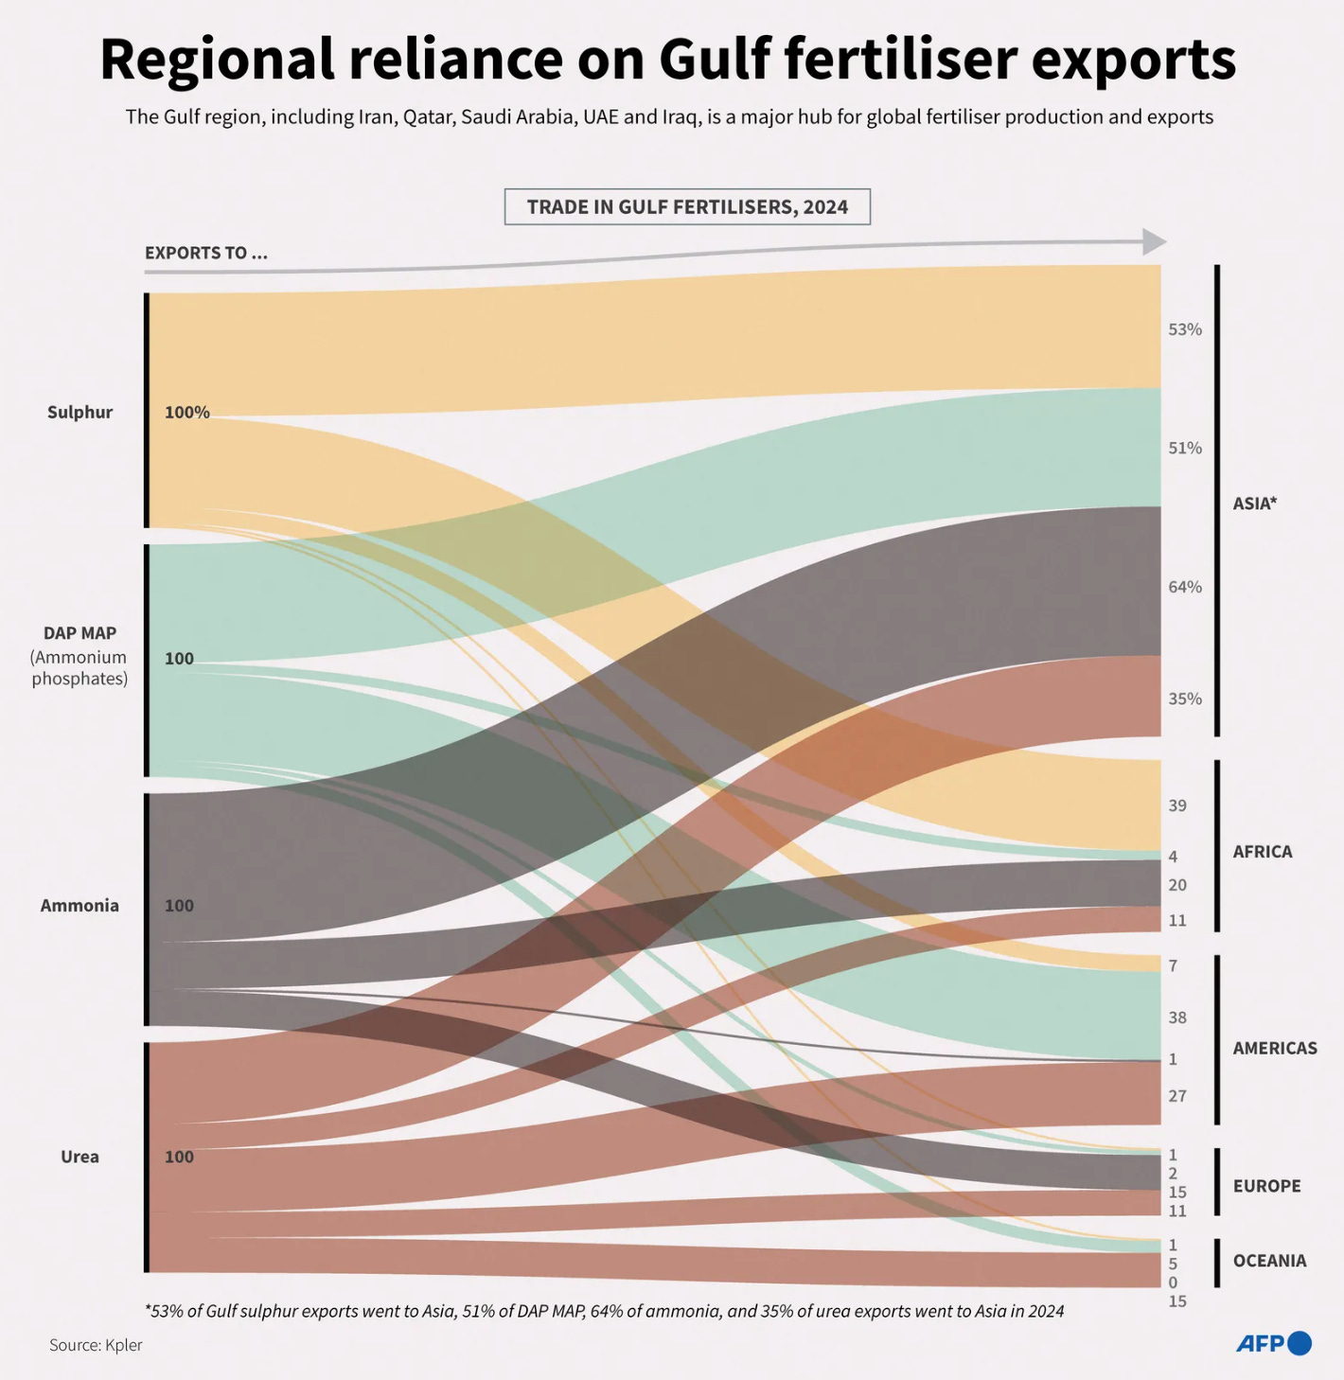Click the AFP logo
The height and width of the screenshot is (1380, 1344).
[x=1273, y=1343]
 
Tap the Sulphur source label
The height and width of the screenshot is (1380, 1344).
[x=80, y=412]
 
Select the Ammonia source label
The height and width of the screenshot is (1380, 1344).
[x=80, y=906]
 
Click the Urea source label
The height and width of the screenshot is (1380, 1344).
[x=80, y=1157]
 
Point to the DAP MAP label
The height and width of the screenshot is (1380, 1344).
[x=80, y=633]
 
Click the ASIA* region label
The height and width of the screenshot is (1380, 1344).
[x=1254, y=504]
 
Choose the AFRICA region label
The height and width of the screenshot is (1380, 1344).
[x=1262, y=852]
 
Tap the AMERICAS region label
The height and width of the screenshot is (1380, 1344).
[x=1274, y=1048]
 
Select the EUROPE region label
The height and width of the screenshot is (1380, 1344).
[x=1266, y=1186]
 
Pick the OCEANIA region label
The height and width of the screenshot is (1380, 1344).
[x=1269, y=1261]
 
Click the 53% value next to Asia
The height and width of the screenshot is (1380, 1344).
[x=1184, y=329]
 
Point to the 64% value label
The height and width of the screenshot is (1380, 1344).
[x=1184, y=587]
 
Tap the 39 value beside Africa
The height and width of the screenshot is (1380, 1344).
[x=1176, y=805]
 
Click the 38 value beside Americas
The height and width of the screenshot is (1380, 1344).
[x=1176, y=1017]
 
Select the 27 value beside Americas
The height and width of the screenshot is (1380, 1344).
[x=1176, y=1096]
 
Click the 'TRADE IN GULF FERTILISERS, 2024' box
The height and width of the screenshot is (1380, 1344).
[x=687, y=207]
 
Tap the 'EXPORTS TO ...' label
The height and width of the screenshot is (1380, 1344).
[x=205, y=253]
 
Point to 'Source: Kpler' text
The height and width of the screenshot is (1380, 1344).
[x=96, y=1345]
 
